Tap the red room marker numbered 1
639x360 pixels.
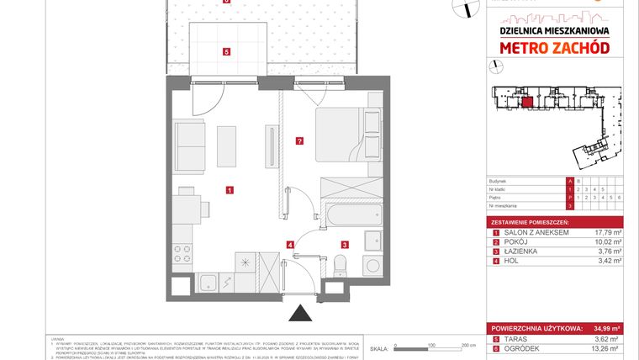pos(230,190)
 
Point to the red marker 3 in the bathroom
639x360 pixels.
pos(345,245)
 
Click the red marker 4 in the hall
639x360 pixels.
pos(291,245)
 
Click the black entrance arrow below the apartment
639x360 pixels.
pos(298,315)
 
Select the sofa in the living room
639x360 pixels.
pos(190,146)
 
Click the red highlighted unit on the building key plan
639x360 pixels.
pos(526,104)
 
